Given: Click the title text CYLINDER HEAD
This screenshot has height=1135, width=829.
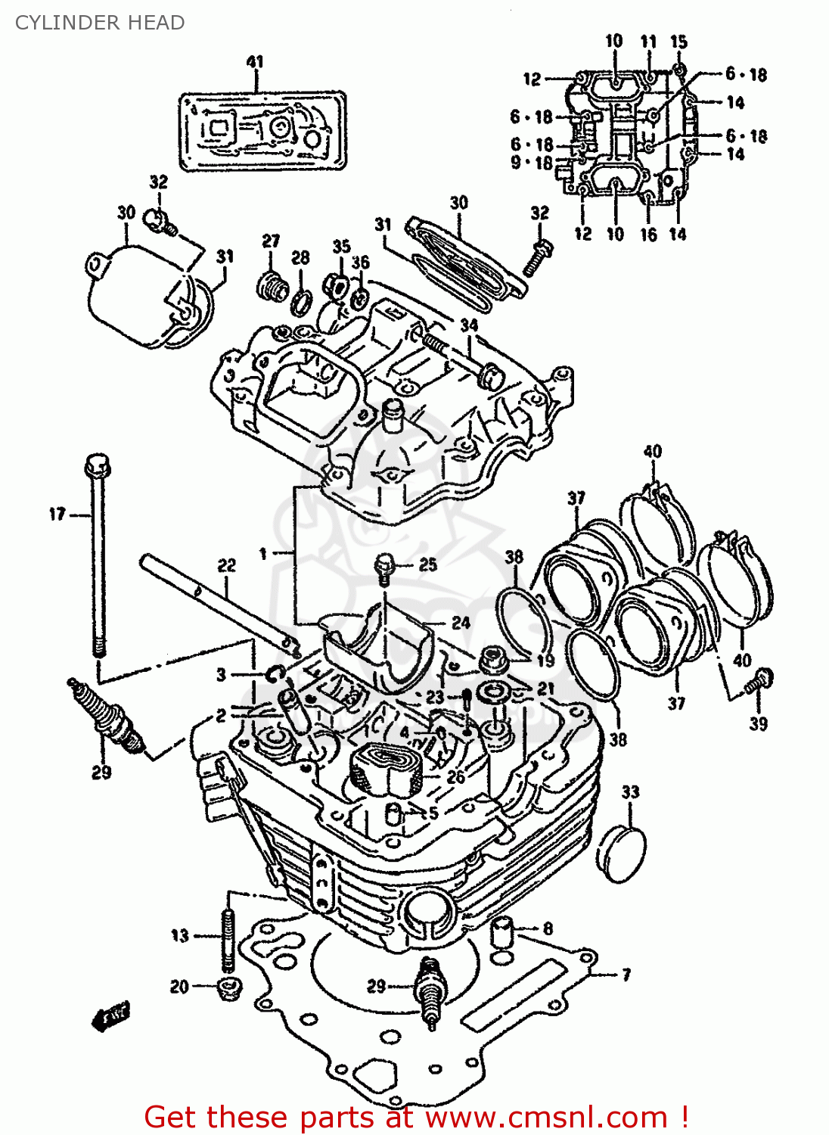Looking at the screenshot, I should pyautogui.click(x=100, y=23).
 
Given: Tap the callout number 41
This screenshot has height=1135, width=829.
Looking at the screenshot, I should pyautogui.click(x=255, y=62).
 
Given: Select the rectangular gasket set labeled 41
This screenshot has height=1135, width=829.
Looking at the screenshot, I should pyautogui.click(x=262, y=132).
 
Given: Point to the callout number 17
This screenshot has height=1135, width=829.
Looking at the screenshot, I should pyautogui.click(x=57, y=515).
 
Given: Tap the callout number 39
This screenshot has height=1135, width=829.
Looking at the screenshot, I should pyautogui.click(x=758, y=723).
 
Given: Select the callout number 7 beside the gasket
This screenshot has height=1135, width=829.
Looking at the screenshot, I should pyautogui.click(x=626, y=975).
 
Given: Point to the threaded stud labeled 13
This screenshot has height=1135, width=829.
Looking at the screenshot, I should pyautogui.click(x=227, y=941).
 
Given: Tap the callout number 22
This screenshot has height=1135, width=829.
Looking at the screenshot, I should pyautogui.click(x=226, y=565).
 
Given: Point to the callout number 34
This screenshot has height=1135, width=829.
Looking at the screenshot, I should pyautogui.click(x=469, y=325).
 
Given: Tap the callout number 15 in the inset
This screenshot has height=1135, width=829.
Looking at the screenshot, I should pyautogui.click(x=678, y=42).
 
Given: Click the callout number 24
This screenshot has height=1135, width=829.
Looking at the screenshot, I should pyautogui.click(x=461, y=623).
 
